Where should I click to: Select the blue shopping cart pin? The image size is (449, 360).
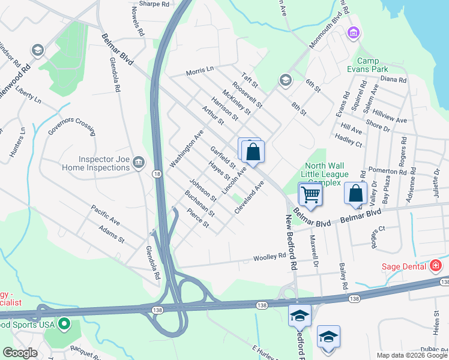[x=310, y=194]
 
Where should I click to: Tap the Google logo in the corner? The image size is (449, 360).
[x=20, y=353]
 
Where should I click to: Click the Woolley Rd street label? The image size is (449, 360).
[x=273, y=256]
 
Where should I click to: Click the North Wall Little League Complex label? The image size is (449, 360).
[x=327, y=174]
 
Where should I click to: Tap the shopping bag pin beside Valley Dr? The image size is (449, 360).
[x=356, y=194]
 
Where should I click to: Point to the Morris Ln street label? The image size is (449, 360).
[x=199, y=70]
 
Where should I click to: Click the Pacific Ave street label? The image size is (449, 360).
[x=106, y=215]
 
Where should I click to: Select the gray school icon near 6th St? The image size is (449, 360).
[x=285, y=80]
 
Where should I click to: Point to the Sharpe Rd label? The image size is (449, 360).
[x=154, y=4]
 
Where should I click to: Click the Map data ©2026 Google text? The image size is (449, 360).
[x=412, y=355]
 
